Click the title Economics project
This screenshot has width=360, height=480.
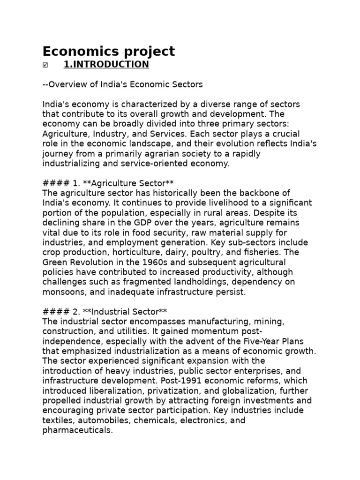tap(108, 51)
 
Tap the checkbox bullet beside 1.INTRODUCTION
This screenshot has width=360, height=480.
tap(45, 65)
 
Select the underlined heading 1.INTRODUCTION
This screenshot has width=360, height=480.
tap(106, 65)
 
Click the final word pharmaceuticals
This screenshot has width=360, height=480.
tap(77, 430)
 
